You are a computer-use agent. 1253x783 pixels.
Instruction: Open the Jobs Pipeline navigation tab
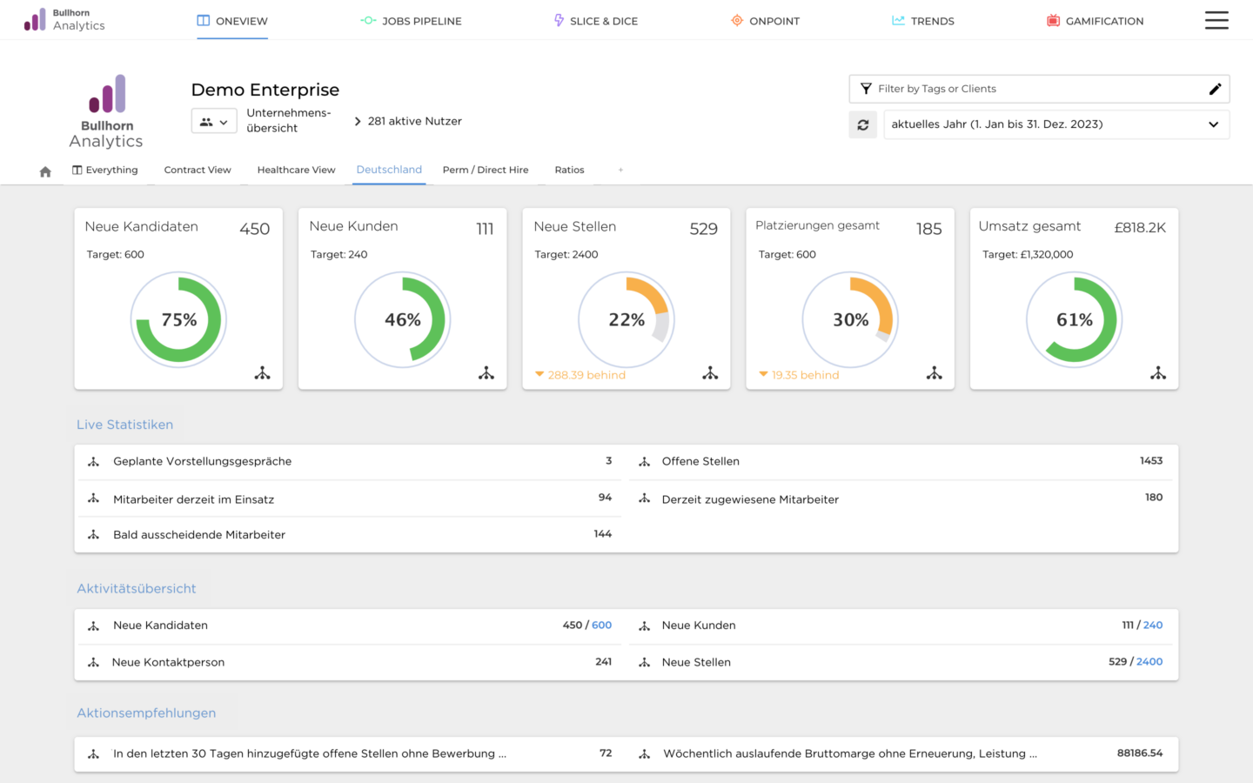click(412, 21)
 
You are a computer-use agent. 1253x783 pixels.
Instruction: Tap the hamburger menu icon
click(1216, 20)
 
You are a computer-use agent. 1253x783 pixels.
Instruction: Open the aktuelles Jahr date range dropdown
click(1055, 124)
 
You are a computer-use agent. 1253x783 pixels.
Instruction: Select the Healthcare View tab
click(296, 170)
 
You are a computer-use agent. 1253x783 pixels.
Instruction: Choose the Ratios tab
click(569, 170)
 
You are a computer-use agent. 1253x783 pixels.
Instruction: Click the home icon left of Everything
click(45, 171)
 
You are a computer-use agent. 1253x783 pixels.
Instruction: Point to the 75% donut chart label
click(179, 320)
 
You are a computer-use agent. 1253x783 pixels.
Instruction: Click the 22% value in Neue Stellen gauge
click(626, 320)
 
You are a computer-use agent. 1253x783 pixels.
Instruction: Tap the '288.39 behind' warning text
click(586, 375)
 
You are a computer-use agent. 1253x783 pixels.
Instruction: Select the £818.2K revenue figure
click(1140, 228)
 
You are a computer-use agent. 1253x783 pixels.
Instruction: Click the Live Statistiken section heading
click(124, 425)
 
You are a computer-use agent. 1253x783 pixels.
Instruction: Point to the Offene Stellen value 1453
click(1150, 461)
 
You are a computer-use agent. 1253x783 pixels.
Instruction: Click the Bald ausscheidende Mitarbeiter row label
click(199, 535)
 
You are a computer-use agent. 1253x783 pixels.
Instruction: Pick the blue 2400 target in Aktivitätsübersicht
click(1149, 662)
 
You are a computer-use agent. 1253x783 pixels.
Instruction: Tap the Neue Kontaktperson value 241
click(603, 662)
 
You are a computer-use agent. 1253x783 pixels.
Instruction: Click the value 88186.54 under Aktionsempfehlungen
click(1139, 753)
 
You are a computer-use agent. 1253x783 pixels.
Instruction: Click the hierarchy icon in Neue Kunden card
click(486, 373)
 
